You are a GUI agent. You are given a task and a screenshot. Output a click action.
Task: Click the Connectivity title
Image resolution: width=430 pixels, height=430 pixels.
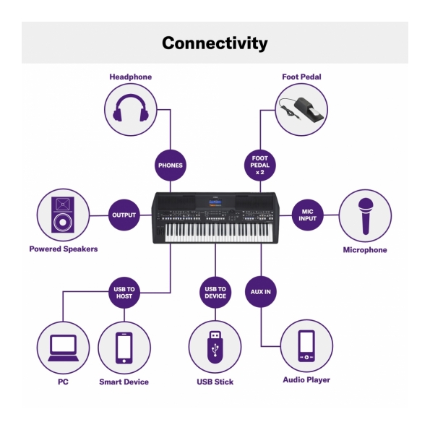tap(215, 43)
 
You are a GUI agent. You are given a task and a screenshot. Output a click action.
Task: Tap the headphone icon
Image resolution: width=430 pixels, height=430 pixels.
tap(131, 108)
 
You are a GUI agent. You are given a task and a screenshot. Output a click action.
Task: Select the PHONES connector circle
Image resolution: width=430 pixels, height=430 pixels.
tap(171, 165)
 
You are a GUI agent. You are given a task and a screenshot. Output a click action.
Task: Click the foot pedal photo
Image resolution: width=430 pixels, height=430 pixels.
tap(301, 109)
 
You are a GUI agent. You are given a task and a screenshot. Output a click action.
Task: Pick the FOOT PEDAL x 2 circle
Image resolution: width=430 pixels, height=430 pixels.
tap(260, 165)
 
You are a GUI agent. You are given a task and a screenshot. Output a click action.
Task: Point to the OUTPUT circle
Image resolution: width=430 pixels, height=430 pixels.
tap(124, 215)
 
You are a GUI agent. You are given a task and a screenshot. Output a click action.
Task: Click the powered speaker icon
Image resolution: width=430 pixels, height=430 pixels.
tap(63, 215)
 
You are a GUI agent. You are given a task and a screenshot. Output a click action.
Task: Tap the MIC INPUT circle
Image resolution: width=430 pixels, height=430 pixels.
tap(307, 215)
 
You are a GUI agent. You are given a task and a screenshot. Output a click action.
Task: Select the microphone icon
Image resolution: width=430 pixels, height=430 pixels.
tap(365, 216)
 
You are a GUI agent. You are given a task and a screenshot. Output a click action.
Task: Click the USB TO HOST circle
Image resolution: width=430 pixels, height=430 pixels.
tap(124, 293)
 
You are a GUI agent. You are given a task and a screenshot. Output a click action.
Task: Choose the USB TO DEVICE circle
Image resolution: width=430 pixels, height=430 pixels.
tap(215, 293)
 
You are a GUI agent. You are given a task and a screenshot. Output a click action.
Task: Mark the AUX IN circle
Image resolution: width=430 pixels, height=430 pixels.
tap(260, 292)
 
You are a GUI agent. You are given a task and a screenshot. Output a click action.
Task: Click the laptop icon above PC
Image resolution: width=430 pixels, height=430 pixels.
tap(63, 348)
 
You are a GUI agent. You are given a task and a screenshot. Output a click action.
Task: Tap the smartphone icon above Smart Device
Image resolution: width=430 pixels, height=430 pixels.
tap(124, 348)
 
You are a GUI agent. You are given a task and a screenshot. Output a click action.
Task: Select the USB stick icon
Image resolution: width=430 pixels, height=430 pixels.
tap(215, 347)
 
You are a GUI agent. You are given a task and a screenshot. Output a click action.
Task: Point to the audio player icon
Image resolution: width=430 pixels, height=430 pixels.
tap(306, 346)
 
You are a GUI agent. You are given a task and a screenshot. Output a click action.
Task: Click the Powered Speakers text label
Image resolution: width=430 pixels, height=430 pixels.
tap(64, 249)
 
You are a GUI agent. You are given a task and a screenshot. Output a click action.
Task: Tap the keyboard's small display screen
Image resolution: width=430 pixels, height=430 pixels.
tap(215, 202)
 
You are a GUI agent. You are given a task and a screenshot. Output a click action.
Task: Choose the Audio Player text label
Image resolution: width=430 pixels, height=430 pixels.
tap(306, 380)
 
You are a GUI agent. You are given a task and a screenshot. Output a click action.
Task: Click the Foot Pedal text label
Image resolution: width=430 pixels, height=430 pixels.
tap(301, 77)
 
